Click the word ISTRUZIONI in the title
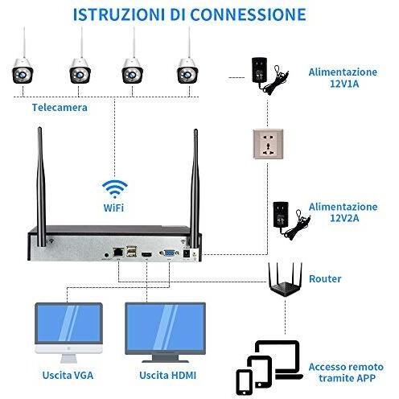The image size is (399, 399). pyautogui.click(x=119, y=14)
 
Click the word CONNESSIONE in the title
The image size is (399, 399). pyautogui.click(x=248, y=14)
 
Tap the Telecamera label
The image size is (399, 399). pyautogui.click(x=60, y=108)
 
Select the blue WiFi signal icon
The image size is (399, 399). pyautogui.click(x=115, y=189)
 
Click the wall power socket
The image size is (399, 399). pyautogui.click(x=268, y=144)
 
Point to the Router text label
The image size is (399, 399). pyautogui.click(x=325, y=279)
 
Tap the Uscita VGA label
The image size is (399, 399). pyautogui.click(x=68, y=375)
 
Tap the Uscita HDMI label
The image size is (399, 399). pyautogui.click(x=168, y=375)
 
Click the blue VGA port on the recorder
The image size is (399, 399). pyautogui.click(x=169, y=253)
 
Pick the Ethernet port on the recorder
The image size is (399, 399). pyautogui.click(x=118, y=252)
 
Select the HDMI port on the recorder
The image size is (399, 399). pyautogui.click(x=146, y=254)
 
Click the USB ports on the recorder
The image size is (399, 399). pyautogui.click(x=131, y=252)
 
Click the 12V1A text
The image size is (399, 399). pyautogui.click(x=344, y=84)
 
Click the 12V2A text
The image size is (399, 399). pyautogui.click(x=344, y=218)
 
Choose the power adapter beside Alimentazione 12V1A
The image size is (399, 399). pyautogui.click(x=269, y=76)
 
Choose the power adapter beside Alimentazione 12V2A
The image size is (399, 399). pyautogui.click(x=291, y=220)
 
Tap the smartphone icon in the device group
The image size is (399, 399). pyautogui.click(x=244, y=382)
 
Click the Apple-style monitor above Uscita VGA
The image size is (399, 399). pyautogui.click(x=68, y=333)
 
